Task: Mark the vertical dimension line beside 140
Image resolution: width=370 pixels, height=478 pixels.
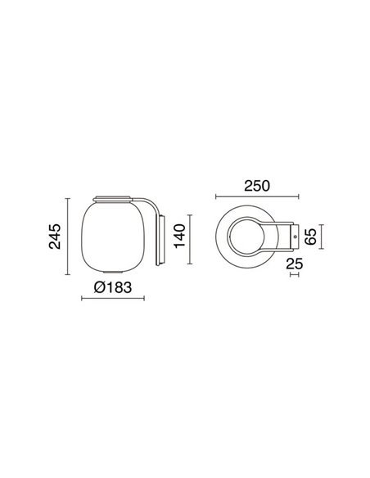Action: [x=193, y=239]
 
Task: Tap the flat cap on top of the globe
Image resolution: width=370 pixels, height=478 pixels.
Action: [x=113, y=197]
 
